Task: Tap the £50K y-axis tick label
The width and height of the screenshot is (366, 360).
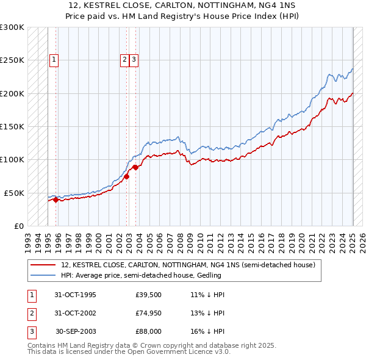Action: click(x=15, y=192)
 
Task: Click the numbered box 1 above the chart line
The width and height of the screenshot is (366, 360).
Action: click(x=54, y=60)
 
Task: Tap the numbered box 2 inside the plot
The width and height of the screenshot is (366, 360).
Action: click(x=124, y=60)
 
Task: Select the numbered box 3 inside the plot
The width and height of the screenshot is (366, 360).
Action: click(x=134, y=60)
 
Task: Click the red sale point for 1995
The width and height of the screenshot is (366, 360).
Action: click(x=56, y=199)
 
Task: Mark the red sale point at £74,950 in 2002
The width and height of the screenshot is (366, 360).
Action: click(x=127, y=176)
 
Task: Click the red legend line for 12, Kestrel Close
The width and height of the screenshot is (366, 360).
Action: click(x=43, y=265)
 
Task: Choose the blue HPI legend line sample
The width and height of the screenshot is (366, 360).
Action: click(x=43, y=275)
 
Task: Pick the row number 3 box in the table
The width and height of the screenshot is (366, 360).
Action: click(x=30, y=331)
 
